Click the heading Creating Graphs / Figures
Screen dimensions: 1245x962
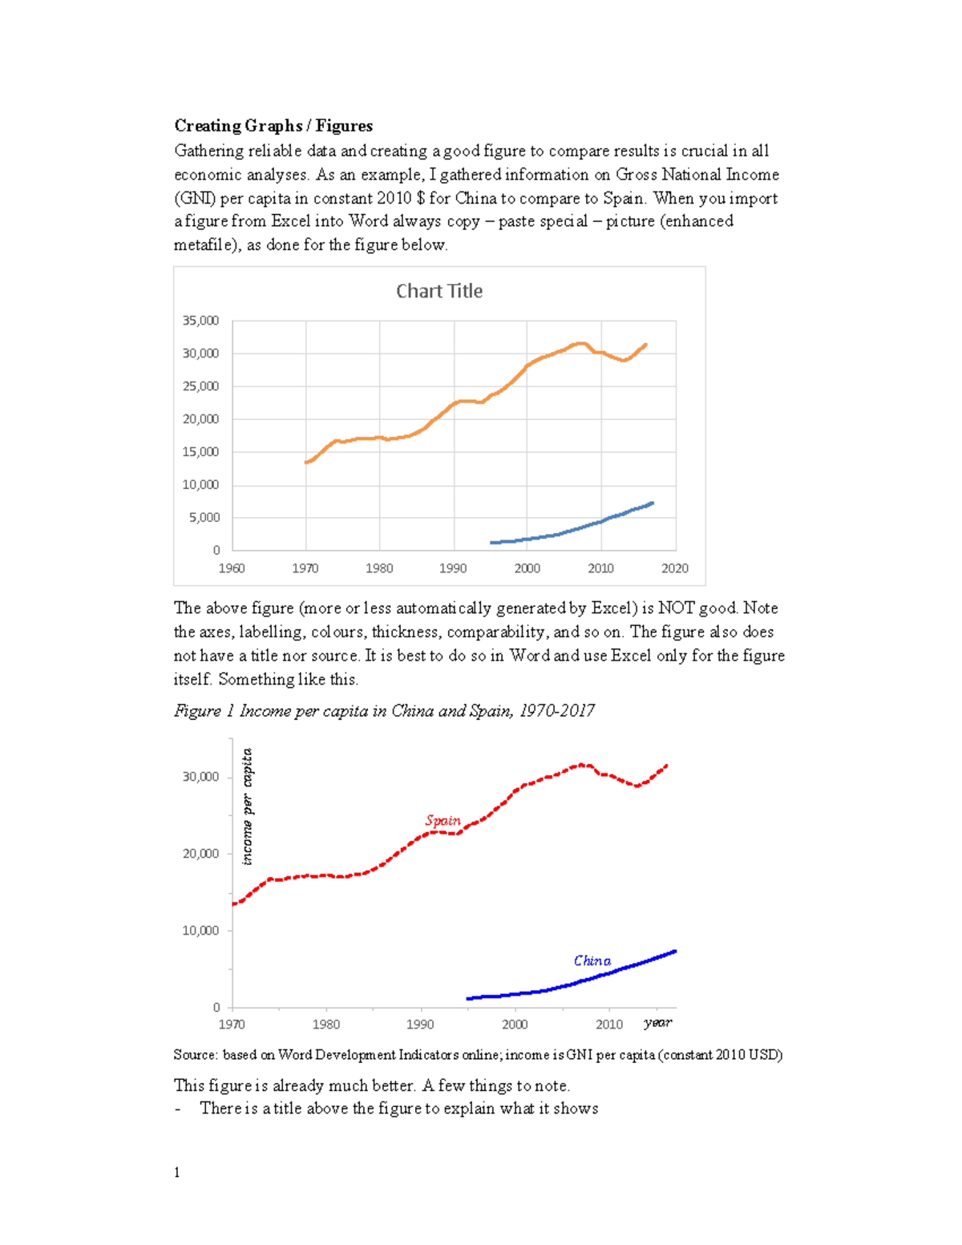point(273,126)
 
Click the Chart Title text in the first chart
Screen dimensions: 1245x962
point(439,291)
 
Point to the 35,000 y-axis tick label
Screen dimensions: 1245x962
point(200,321)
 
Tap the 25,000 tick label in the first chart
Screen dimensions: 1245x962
point(200,386)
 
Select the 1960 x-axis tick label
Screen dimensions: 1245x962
point(232,568)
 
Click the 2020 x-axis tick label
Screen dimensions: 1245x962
point(675,568)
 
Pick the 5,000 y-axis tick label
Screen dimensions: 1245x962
point(204,518)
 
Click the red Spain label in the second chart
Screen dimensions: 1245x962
point(443,820)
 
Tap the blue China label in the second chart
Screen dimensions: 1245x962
point(592,960)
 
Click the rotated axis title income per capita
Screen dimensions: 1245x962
point(247,806)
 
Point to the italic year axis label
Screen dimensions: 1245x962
point(657,1022)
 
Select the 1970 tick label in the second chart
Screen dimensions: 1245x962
point(232,1025)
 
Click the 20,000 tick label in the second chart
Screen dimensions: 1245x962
point(200,854)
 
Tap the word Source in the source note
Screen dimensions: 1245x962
point(195,1055)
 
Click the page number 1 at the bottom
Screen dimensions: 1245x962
point(176,1173)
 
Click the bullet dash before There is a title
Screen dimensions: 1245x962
point(177,1109)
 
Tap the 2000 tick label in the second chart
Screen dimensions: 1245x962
point(515,1025)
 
